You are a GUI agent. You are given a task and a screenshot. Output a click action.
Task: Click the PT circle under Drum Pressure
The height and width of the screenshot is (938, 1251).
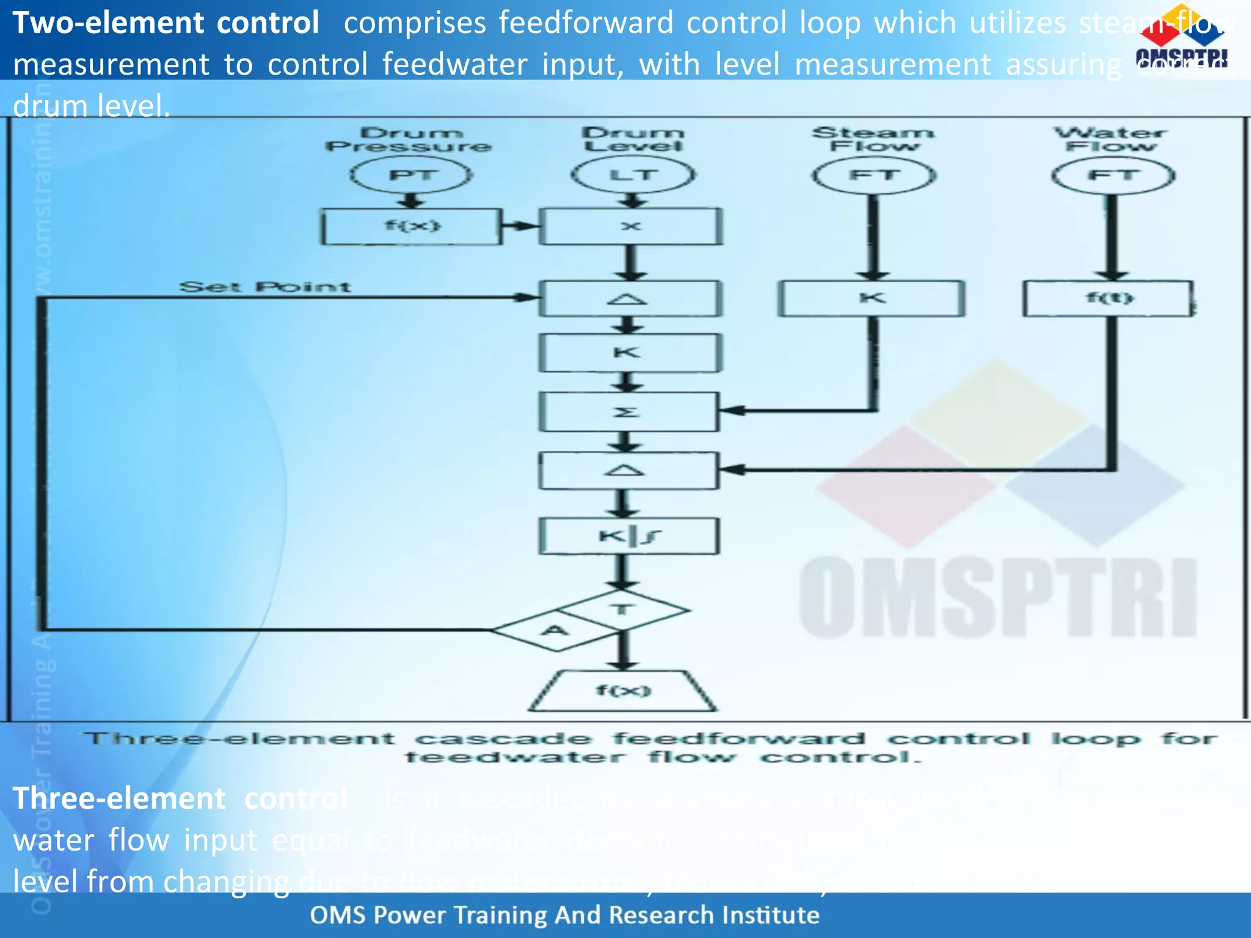click(x=411, y=175)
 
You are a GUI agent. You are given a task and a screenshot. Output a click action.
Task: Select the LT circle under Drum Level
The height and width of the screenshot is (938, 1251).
click(x=633, y=175)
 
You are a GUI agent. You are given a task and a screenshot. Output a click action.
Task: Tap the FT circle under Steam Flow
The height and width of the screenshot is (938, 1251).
click(x=874, y=175)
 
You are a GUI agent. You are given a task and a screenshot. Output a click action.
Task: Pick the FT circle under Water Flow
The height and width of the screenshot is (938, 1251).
click(x=1113, y=175)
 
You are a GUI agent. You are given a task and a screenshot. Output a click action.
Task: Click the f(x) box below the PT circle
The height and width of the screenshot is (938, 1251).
click(x=412, y=227)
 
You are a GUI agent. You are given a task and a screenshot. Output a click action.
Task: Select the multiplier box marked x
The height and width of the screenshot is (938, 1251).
click(x=630, y=227)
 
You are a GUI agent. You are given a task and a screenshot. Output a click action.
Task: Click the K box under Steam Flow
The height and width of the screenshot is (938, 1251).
click(x=871, y=299)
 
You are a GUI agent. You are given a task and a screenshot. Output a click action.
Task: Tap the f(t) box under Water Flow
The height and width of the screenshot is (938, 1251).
click(x=1109, y=299)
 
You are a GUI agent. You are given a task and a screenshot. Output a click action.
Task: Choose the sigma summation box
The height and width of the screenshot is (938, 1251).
click(x=629, y=412)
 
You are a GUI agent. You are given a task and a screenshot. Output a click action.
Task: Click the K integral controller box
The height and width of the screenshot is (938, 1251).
click(x=629, y=536)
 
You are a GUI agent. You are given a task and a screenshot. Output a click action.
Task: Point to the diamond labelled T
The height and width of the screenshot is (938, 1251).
click(x=623, y=609)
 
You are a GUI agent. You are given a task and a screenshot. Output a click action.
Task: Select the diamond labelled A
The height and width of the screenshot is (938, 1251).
click(x=555, y=630)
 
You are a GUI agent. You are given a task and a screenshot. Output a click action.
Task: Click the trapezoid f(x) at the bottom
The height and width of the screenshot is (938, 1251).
click(x=623, y=691)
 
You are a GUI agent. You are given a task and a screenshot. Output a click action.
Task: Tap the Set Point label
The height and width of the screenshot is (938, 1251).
click(x=264, y=287)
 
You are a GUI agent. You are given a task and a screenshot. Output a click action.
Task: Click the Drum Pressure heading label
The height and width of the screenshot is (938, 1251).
click(x=409, y=139)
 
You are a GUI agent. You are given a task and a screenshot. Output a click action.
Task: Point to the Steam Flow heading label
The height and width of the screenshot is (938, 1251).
click(x=874, y=139)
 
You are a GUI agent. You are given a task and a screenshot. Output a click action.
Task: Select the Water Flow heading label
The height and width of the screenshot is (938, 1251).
click(x=1111, y=139)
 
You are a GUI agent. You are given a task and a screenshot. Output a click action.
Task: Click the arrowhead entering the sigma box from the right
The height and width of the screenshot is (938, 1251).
click(x=731, y=410)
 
